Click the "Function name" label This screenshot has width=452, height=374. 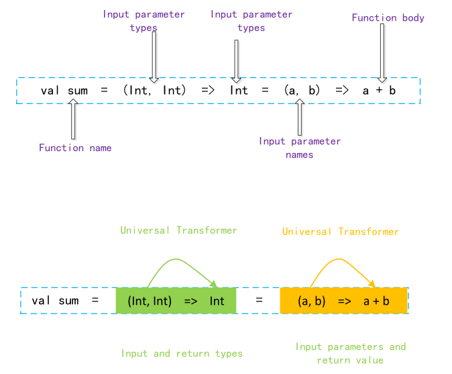pyautogui.click(x=75, y=148)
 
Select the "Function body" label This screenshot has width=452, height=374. pyautogui.click(x=388, y=17)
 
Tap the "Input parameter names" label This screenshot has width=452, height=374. pyautogui.click(x=300, y=148)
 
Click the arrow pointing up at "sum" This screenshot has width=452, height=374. pyautogui.click(x=74, y=119)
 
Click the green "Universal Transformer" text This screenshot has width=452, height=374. pyautogui.click(x=178, y=230)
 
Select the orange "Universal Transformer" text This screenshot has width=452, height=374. pyautogui.click(x=340, y=232)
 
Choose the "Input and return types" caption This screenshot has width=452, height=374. pyautogui.click(x=182, y=353)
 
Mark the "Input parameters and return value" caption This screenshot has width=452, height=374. pyautogui.click(x=351, y=353)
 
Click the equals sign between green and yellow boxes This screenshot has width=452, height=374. pyautogui.click(x=259, y=301)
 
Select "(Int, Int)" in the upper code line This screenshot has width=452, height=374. pyautogui.click(x=154, y=90)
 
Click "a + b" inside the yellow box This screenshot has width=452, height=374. pyautogui.click(x=376, y=301)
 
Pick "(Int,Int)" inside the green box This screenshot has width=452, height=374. pyautogui.click(x=150, y=301)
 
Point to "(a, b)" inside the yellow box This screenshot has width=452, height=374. pyautogui.click(x=312, y=301)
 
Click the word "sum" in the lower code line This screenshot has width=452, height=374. pyautogui.click(x=68, y=301)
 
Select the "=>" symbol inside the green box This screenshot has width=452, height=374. pyautogui.click(x=190, y=301)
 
